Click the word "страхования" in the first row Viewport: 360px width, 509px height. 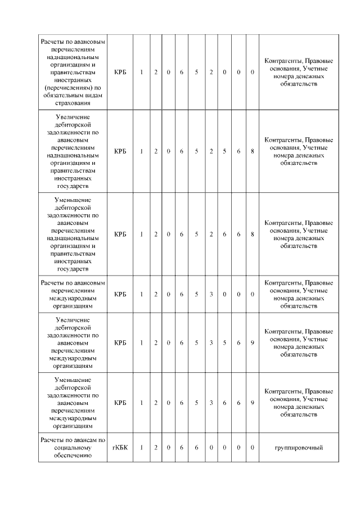click(x=73, y=103)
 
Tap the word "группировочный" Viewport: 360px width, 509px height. click(x=299, y=447)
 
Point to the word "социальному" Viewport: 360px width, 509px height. click(x=73, y=447)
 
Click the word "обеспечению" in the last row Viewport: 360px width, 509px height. click(x=73, y=455)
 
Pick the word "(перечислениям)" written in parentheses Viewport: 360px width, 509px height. click(x=73, y=87)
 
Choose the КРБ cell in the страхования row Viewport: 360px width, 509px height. click(x=120, y=72)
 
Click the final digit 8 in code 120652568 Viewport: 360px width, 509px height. click(x=253, y=151)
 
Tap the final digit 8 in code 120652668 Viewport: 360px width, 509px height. click(x=253, y=234)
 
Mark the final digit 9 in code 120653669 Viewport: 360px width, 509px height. click(x=253, y=403)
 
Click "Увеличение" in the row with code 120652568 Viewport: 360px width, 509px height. click(x=73, y=116)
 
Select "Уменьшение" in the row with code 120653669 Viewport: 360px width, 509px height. click(x=73, y=380)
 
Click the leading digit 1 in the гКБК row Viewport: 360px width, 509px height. click(x=141, y=447)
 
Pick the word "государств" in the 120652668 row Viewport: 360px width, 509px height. click(x=73, y=269)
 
